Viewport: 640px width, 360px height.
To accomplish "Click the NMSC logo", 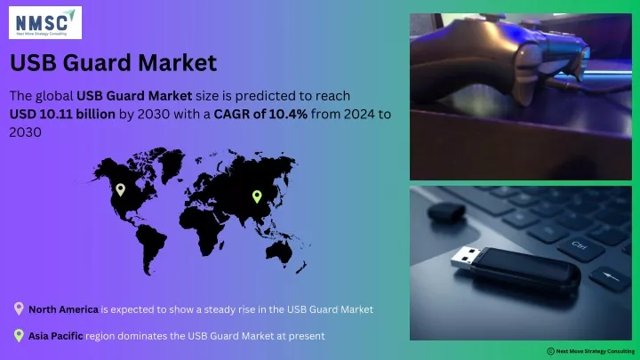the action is pyautogui.click(x=45, y=23).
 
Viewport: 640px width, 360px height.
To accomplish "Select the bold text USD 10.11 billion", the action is pyautogui.click(x=62, y=114).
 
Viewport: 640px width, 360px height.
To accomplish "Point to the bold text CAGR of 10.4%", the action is pyautogui.click(x=260, y=114).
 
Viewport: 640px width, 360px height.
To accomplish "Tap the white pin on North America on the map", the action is pyautogui.click(x=120, y=189).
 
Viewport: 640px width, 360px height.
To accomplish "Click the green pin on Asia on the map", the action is pyautogui.click(x=257, y=196).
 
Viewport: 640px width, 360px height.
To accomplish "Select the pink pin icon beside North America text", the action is pyautogui.click(x=19, y=308).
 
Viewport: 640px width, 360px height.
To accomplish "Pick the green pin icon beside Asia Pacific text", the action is pyautogui.click(x=19, y=335).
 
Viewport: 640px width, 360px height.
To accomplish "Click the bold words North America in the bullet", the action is pyautogui.click(x=63, y=309).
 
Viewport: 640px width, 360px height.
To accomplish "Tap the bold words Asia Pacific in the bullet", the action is pyautogui.click(x=55, y=336).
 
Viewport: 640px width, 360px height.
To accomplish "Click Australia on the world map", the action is pyautogui.click(x=279, y=252).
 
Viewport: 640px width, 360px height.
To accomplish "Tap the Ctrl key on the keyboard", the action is pyautogui.click(x=580, y=246).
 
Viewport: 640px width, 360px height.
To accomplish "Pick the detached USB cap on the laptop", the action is pyautogui.click(x=446, y=212).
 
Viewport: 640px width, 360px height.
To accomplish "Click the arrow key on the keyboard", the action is pyautogui.click(x=611, y=277).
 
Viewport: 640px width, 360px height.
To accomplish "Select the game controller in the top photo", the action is pyautogui.click(x=502, y=61).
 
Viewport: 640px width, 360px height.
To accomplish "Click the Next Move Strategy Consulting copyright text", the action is pyautogui.click(x=591, y=351).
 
